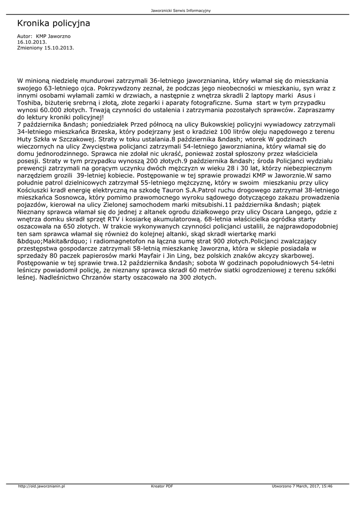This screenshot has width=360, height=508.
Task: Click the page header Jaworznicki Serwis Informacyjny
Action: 180,10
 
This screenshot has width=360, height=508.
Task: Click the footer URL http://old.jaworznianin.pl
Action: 42,486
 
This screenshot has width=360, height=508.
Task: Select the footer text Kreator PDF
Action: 162,486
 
